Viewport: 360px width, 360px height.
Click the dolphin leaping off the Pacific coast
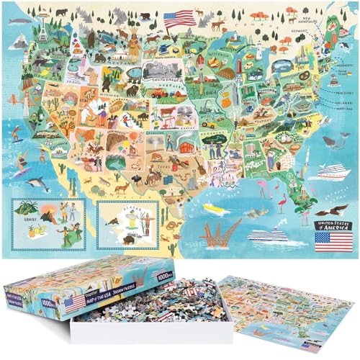pos(42,186)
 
